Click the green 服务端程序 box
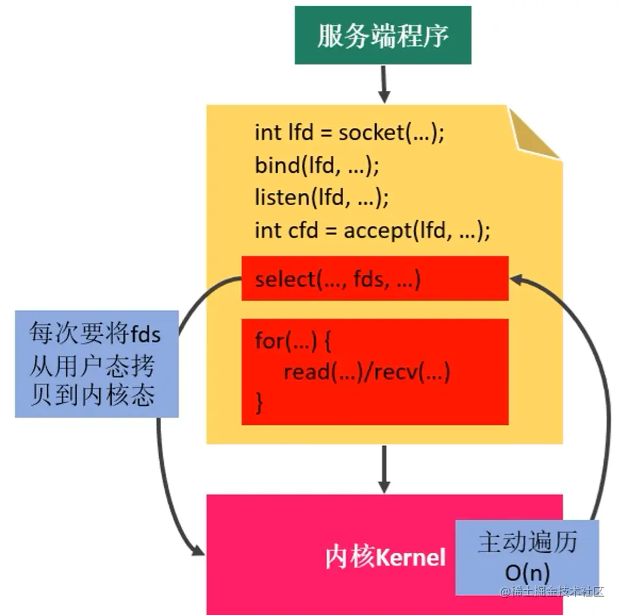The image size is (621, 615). (x=383, y=36)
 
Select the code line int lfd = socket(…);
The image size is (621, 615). (x=349, y=133)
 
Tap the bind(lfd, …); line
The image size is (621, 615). (x=316, y=165)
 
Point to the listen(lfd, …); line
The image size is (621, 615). (x=322, y=197)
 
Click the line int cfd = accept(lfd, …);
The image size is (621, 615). (x=372, y=230)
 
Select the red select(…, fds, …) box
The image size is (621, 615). (x=375, y=279)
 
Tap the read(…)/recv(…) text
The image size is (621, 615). (x=366, y=372)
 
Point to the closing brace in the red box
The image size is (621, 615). (x=260, y=403)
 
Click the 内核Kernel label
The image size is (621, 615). (x=385, y=557)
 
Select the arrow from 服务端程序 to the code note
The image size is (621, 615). (x=384, y=84)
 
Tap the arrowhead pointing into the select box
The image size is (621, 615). (x=518, y=279)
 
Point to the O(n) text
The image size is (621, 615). (x=527, y=572)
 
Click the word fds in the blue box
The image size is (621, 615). (x=146, y=336)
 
